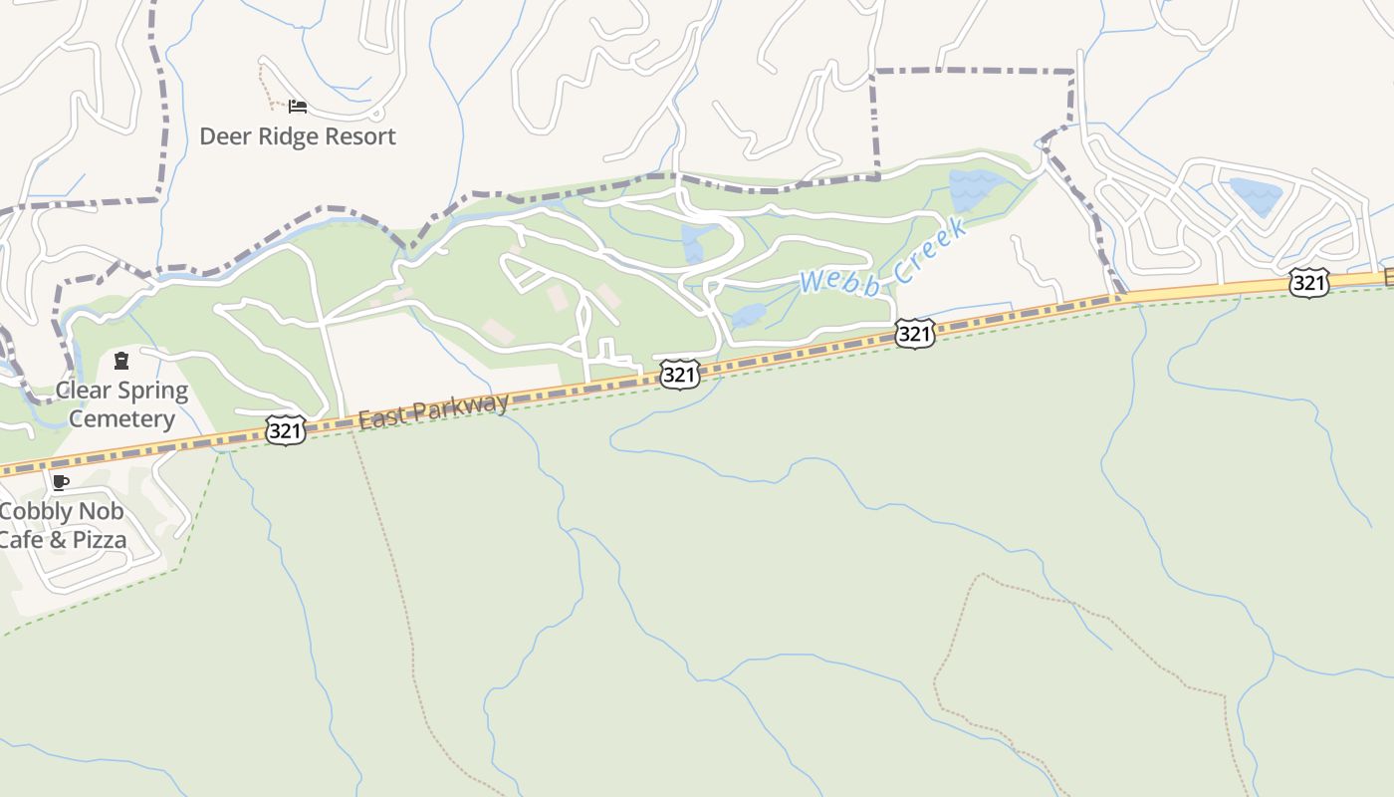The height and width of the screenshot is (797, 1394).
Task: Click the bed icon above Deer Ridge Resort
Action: (x=298, y=107)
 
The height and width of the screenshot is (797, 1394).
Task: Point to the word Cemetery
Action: (x=121, y=418)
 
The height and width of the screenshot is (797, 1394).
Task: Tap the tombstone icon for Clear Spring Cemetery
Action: (x=121, y=361)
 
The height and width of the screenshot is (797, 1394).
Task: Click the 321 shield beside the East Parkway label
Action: (x=286, y=431)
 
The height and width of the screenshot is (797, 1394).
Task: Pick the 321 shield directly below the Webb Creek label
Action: (x=914, y=333)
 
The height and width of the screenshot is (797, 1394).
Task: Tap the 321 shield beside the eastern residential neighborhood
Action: (x=1308, y=283)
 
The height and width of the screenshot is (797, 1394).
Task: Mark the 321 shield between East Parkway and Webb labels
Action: (x=679, y=375)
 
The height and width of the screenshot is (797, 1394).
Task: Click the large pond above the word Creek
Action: (x=972, y=188)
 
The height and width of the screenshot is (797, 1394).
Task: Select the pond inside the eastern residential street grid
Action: (x=1254, y=194)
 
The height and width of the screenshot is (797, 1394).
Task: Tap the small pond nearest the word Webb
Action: (x=749, y=316)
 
